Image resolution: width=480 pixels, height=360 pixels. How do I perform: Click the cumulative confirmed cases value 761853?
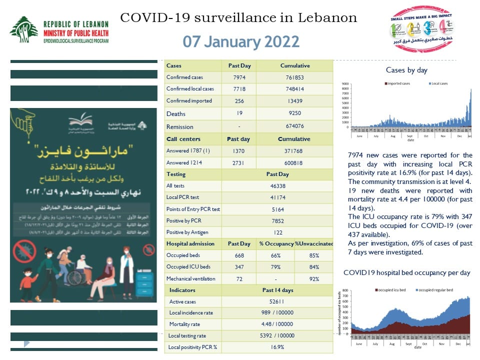pos(294,77)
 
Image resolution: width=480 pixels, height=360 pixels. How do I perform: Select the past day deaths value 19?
pos(238,113)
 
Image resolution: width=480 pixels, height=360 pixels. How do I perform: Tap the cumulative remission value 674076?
pos(294,126)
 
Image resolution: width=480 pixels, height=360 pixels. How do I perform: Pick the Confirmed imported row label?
pos(189,101)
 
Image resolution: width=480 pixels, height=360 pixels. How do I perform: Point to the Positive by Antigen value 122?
pos(277,232)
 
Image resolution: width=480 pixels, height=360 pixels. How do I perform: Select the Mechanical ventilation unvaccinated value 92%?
pos(314,278)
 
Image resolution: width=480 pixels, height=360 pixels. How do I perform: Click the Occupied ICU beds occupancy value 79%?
pos(275,267)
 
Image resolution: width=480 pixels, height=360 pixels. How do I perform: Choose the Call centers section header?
pos(183,139)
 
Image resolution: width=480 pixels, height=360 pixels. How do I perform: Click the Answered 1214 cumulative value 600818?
pos(294,162)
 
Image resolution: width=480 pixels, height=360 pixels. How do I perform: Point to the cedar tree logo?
pos(23,29)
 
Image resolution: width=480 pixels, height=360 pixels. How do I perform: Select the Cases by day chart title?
pos(406,70)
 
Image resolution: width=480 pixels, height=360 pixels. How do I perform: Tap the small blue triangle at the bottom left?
pos(27,343)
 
